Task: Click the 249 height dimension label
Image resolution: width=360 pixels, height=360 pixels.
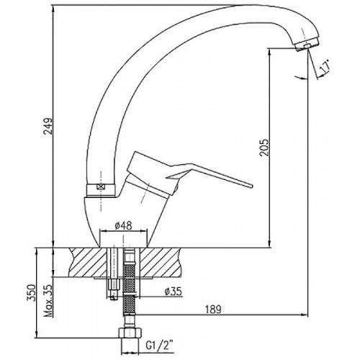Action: pyautogui.click(x=48, y=130)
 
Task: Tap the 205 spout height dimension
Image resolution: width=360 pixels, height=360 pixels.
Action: pyautogui.click(x=264, y=148)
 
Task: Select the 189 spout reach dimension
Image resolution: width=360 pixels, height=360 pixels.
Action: pyautogui.click(x=213, y=310)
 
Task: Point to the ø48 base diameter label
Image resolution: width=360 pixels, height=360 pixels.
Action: pyautogui.click(x=123, y=225)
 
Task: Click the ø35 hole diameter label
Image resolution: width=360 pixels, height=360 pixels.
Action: pyautogui.click(x=173, y=292)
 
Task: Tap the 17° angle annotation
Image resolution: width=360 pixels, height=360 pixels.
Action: pyautogui.click(x=325, y=67)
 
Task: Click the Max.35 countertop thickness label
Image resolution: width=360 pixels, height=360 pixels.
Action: pyautogui.click(x=49, y=301)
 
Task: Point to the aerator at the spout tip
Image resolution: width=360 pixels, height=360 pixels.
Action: pyautogui.click(x=307, y=45)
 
